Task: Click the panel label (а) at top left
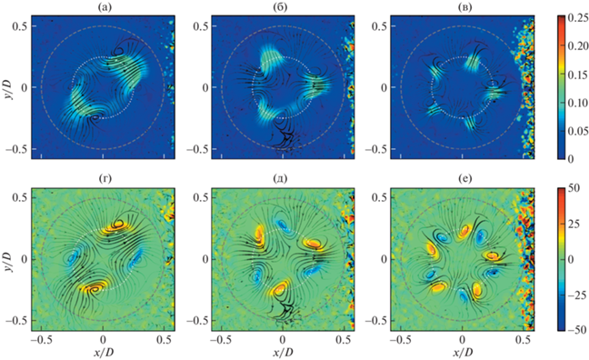(103, 7)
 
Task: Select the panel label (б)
(283, 7)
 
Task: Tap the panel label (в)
(463, 7)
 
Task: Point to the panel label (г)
(103, 179)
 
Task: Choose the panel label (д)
(283, 179)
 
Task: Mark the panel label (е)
(463, 179)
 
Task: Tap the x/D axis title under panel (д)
(283, 353)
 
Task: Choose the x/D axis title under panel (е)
(463, 353)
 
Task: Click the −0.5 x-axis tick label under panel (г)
(41, 340)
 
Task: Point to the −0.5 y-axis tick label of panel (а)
(18, 149)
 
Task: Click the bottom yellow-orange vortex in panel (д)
(281, 288)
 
